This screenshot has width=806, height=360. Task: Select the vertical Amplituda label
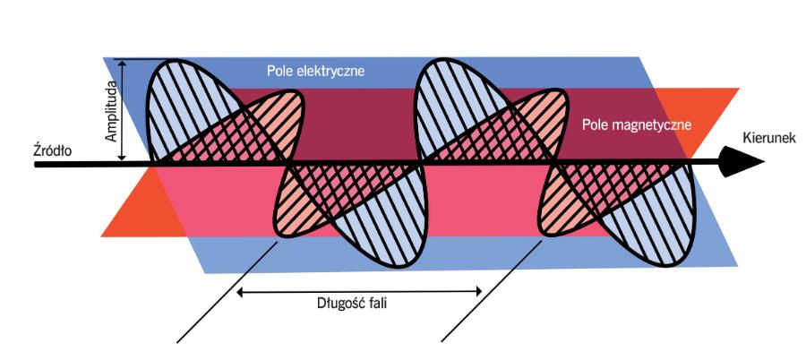click(x=112, y=111)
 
